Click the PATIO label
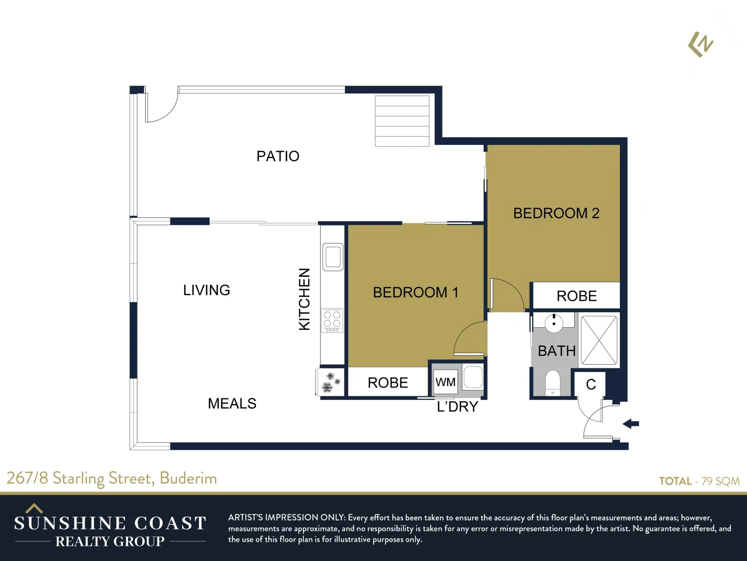278,156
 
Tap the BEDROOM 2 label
556,213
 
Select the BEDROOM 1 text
416,292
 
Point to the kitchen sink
333,257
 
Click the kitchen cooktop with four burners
332,320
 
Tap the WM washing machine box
446,382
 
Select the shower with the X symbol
599,340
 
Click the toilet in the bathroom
553,382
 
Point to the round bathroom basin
554,323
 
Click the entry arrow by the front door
631,424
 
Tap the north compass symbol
701,45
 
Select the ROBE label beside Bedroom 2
576,296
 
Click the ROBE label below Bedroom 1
388,383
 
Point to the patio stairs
402,121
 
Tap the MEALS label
232,404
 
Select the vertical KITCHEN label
305,299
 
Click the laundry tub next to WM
473,377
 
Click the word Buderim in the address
188,478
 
